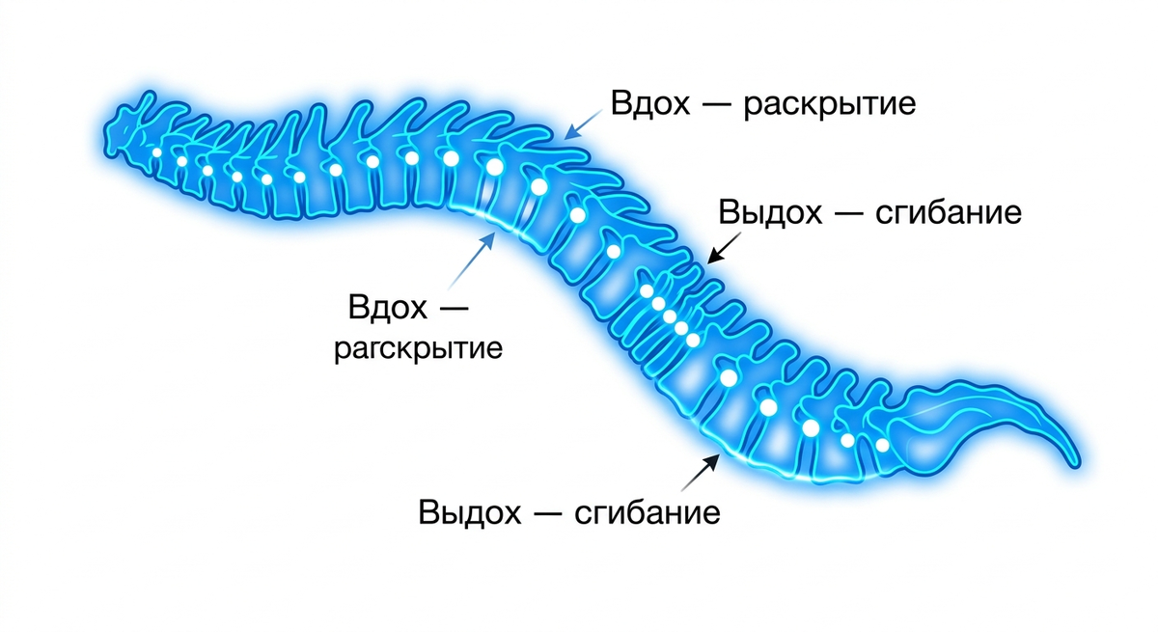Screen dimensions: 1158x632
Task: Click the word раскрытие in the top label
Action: (829, 105)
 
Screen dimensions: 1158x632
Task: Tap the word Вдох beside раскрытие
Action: (649, 103)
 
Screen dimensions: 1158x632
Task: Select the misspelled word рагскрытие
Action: (418, 349)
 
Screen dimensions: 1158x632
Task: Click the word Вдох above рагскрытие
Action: (388, 307)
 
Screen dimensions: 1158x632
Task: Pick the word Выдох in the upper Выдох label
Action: (770, 213)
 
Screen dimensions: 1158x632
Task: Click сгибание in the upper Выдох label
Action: (948, 213)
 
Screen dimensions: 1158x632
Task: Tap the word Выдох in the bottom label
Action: (469, 513)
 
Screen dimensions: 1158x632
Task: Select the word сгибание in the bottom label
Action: (648, 513)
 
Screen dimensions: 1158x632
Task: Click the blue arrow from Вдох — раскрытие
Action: (583, 124)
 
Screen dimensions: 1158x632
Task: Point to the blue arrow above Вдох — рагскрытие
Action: (472, 261)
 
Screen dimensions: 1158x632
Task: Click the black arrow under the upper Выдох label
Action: (724, 248)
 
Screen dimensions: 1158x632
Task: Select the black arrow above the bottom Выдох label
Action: (701, 473)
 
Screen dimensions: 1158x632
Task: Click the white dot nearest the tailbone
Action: (882, 445)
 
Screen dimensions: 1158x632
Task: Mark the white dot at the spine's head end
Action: (156, 152)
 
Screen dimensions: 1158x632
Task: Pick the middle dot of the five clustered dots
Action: (670, 316)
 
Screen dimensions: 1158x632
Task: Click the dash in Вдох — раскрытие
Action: (716, 105)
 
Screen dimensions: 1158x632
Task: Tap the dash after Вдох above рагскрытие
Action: (454, 309)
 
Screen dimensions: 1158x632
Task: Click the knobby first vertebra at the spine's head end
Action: (124, 132)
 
